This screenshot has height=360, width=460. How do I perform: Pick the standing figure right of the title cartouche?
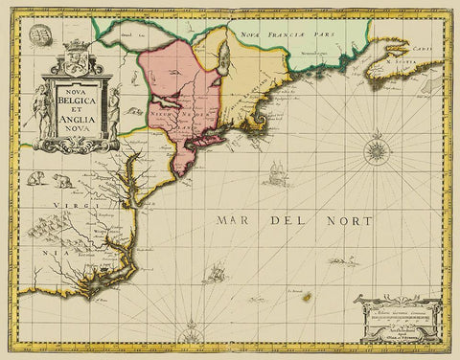(115, 111)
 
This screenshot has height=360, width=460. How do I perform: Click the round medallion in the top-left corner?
(41, 34)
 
